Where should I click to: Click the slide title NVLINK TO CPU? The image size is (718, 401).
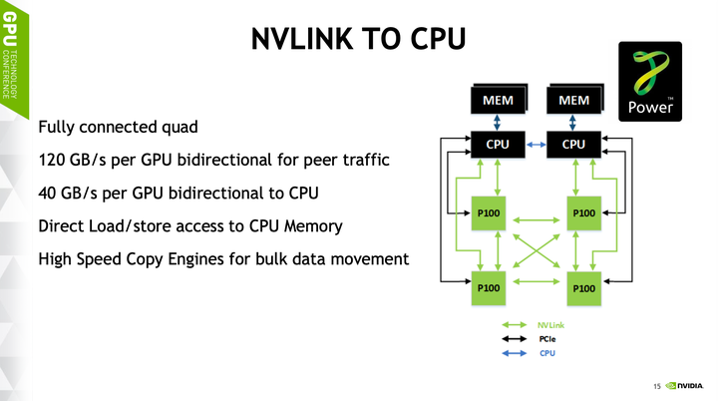(x=358, y=38)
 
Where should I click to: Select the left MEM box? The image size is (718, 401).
(x=498, y=101)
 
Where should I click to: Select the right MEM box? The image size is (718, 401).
(x=573, y=101)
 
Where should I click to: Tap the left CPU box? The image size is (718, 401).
(x=498, y=145)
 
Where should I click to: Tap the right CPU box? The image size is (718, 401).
(x=573, y=145)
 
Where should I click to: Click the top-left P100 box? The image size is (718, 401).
(x=489, y=212)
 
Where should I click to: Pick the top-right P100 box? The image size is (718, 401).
(x=583, y=212)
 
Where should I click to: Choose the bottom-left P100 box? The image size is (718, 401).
(x=489, y=287)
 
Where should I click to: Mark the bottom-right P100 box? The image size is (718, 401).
(x=583, y=287)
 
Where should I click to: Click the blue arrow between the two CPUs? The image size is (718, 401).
(x=536, y=145)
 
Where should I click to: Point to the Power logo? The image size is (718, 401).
(x=651, y=82)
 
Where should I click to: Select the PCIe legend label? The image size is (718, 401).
(x=547, y=339)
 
